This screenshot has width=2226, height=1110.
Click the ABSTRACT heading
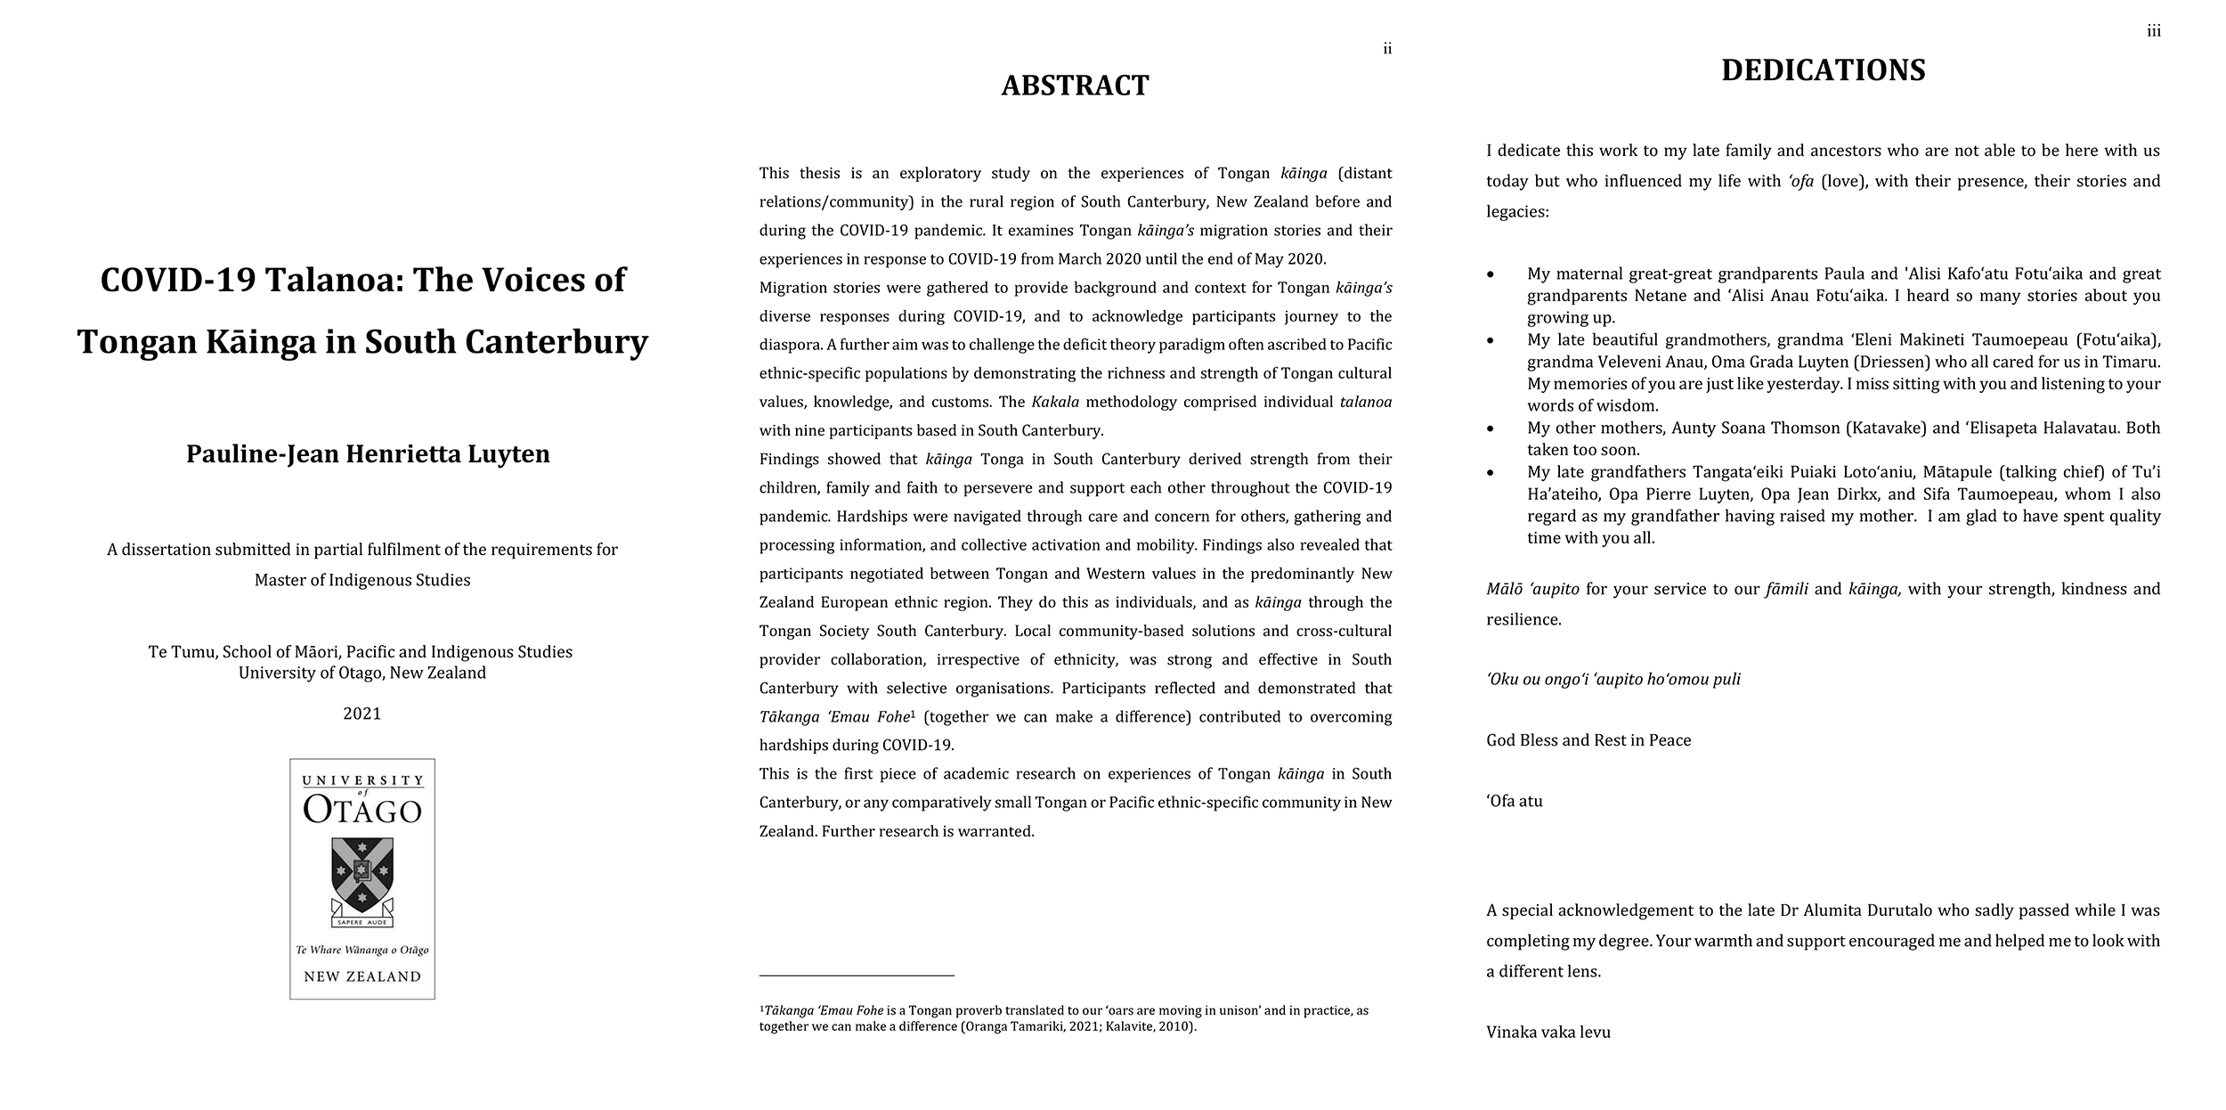(1075, 86)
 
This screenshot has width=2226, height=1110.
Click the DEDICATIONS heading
(1823, 70)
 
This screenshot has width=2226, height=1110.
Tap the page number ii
(1386, 49)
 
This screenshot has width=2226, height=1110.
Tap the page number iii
(2153, 32)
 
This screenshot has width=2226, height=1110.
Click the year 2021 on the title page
(362, 714)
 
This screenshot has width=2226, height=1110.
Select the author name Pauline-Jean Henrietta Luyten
(368, 454)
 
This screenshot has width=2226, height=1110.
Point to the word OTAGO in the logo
(362, 810)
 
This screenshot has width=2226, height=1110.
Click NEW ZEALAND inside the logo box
(362, 976)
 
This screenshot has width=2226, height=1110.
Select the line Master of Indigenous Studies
(362, 580)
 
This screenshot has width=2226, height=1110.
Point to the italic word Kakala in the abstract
(1055, 402)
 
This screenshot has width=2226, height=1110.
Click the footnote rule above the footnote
(856, 975)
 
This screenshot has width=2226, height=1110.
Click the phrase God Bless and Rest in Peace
(1588, 740)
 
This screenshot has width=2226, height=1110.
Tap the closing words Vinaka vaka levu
(1548, 1032)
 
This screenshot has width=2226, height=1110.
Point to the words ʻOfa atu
(1514, 801)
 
